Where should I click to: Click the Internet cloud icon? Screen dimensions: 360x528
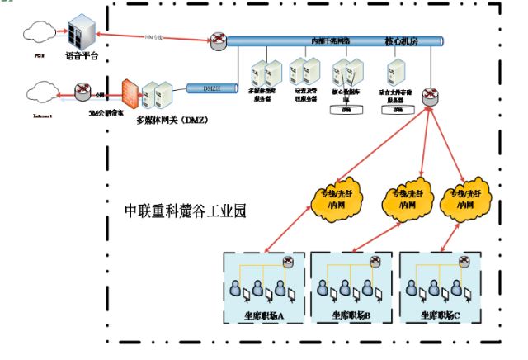tap(41, 90)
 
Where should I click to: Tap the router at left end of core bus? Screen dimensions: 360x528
tap(218, 40)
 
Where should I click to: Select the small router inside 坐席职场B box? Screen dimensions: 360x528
tap(375, 263)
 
